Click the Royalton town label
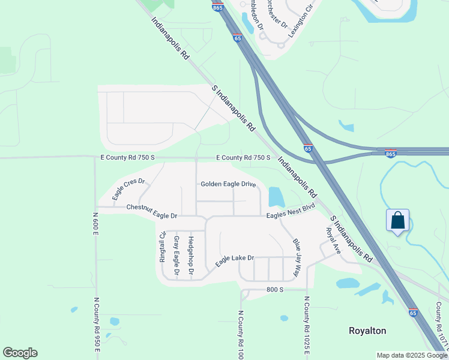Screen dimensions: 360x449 click(x=367, y=331)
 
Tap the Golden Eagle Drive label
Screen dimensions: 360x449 click(x=228, y=184)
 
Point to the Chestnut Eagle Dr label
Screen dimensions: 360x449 click(x=152, y=208)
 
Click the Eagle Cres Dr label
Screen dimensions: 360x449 click(x=128, y=189)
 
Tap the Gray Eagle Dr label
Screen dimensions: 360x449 click(x=176, y=256)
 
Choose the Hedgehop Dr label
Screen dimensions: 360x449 click(x=191, y=256)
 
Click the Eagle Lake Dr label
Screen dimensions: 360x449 click(x=235, y=262)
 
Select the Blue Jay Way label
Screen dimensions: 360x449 click(x=296, y=257)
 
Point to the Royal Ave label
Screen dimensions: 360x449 click(x=333, y=240)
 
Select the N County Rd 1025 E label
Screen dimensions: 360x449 click(x=307, y=327)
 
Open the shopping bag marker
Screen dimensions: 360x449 click(x=397, y=221)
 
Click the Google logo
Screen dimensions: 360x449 click(x=20, y=353)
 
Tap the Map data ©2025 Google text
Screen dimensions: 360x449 click(x=412, y=355)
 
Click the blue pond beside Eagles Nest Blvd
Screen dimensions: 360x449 click(x=276, y=196)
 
